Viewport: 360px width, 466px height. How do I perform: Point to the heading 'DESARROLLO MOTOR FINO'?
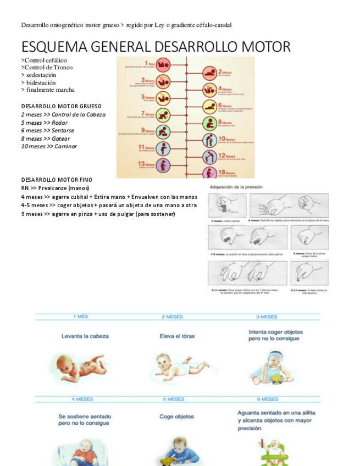click(x=57, y=180)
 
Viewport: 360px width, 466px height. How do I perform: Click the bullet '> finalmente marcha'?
click(x=48, y=90)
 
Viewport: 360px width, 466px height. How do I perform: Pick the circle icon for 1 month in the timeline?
click(x=164, y=65)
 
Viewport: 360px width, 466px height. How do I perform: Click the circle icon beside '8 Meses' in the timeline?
click(x=210, y=123)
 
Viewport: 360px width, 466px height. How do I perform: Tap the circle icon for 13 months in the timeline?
click(x=164, y=164)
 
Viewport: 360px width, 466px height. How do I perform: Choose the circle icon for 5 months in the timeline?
click(x=164, y=98)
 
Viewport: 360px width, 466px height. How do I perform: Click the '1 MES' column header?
click(x=81, y=317)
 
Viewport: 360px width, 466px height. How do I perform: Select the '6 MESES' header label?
click(x=267, y=400)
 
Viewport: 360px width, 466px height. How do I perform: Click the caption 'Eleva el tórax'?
click(x=175, y=336)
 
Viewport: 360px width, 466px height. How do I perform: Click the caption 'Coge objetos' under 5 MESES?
click(x=176, y=417)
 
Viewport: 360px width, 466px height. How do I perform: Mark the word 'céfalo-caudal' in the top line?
click(x=212, y=25)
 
